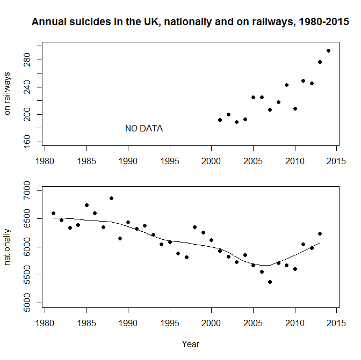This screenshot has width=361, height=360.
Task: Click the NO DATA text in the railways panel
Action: (144, 129)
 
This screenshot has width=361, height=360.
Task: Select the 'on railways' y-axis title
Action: (8, 93)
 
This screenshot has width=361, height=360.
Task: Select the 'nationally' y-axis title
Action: (8, 247)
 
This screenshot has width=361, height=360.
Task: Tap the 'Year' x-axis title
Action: (191, 344)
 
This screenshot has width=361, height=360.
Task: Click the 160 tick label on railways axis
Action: (32, 142)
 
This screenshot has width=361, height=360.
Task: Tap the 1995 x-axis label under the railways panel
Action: (170, 160)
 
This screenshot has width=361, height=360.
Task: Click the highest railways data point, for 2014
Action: (328, 51)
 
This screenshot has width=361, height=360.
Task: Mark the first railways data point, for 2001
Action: (220, 120)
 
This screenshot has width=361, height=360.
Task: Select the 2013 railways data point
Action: (320, 62)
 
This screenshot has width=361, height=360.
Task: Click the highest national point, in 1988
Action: (111, 198)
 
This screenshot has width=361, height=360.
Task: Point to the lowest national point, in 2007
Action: (270, 282)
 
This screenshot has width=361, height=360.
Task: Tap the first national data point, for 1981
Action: (53, 213)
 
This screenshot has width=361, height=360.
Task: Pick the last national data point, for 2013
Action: (320, 233)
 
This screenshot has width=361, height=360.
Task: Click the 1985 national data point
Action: (86, 205)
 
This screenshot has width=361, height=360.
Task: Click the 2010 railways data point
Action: (295, 108)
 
